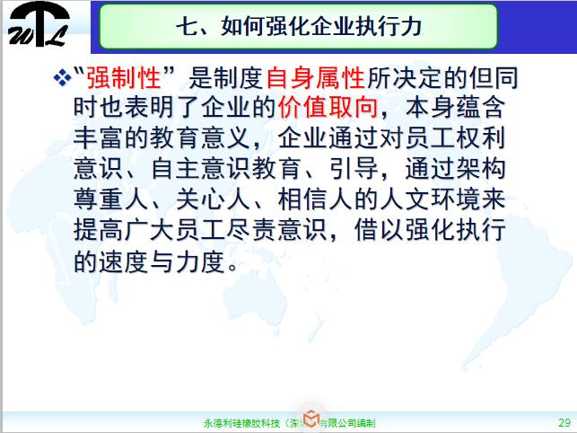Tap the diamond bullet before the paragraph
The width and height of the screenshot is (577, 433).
point(62,79)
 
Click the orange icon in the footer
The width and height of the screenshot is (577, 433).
point(310,420)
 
